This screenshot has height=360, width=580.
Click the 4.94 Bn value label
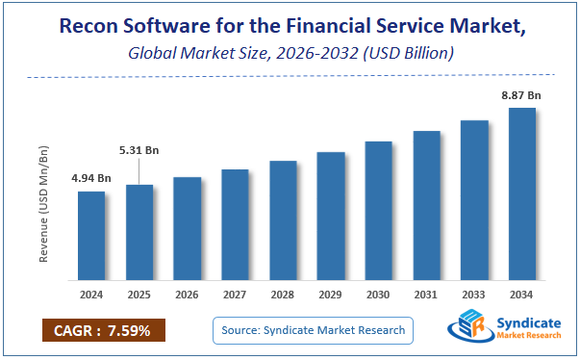[x=91, y=178]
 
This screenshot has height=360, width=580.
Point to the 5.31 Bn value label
[x=139, y=150]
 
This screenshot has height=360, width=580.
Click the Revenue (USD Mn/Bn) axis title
[x=44, y=203]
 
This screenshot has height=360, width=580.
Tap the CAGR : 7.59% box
[x=104, y=331]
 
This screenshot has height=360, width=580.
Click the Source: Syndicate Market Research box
[x=313, y=331]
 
